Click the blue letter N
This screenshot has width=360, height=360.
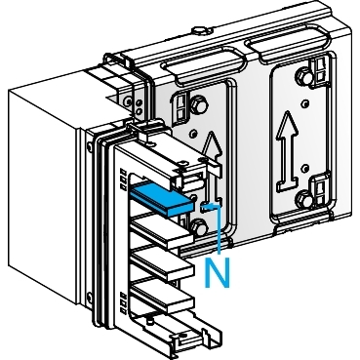tap(217, 272)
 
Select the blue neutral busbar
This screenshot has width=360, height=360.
tap(162, 198)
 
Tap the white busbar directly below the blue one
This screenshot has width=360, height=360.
tap(164, 231)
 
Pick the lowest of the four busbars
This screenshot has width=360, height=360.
tap(164, 296)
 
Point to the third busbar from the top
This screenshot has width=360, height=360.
tap(164, 264)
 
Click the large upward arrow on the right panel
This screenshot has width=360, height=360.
tap(288, 152)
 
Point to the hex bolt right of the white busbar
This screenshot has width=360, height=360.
tap(199, 226)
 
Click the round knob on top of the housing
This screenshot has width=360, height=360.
tap(199, 31)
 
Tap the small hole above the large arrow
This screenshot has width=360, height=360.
tap(304, 103)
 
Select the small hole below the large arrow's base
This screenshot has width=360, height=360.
tap(304, 168)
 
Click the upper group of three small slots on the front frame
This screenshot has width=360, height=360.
tap(123, 180)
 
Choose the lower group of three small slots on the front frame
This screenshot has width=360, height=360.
tap(123, 303)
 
